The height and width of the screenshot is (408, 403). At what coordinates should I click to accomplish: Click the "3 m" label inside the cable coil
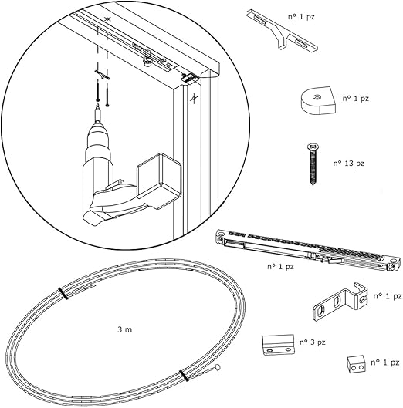[125, 329]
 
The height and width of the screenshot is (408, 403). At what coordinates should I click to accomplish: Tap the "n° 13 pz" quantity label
[348, 164]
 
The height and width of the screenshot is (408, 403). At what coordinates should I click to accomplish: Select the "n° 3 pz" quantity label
[313, 342]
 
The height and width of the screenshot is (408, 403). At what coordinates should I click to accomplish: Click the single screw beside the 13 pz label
[313, 164]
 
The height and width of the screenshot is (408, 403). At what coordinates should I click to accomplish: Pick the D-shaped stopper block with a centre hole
[318, 101]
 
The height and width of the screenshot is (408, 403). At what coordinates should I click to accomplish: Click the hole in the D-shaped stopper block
[317, 98]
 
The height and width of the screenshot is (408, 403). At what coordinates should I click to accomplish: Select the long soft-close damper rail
[307, 251]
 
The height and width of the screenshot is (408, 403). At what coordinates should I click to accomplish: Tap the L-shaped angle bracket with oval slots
[340, 302]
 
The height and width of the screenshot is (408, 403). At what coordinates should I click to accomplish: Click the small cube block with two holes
[356, 365]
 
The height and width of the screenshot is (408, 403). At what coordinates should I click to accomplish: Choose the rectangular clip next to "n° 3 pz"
[278, 345]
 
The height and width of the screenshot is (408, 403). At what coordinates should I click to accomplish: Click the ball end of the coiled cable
[217, 367]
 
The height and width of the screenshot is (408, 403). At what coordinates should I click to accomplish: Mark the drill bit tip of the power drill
[98, 103]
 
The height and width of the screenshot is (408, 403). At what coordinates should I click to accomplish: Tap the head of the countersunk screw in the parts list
[313, 147]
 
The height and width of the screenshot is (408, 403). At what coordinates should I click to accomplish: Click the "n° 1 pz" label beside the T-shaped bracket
[301, 17]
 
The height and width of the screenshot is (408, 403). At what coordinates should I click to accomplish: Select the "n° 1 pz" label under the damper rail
[280, 267]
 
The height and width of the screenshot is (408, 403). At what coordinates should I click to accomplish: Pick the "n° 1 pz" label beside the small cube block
[384, 362]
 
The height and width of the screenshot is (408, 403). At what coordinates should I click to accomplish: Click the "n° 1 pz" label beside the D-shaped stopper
[356, 99]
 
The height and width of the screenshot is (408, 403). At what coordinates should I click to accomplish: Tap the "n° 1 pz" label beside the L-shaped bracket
[388, 296]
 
